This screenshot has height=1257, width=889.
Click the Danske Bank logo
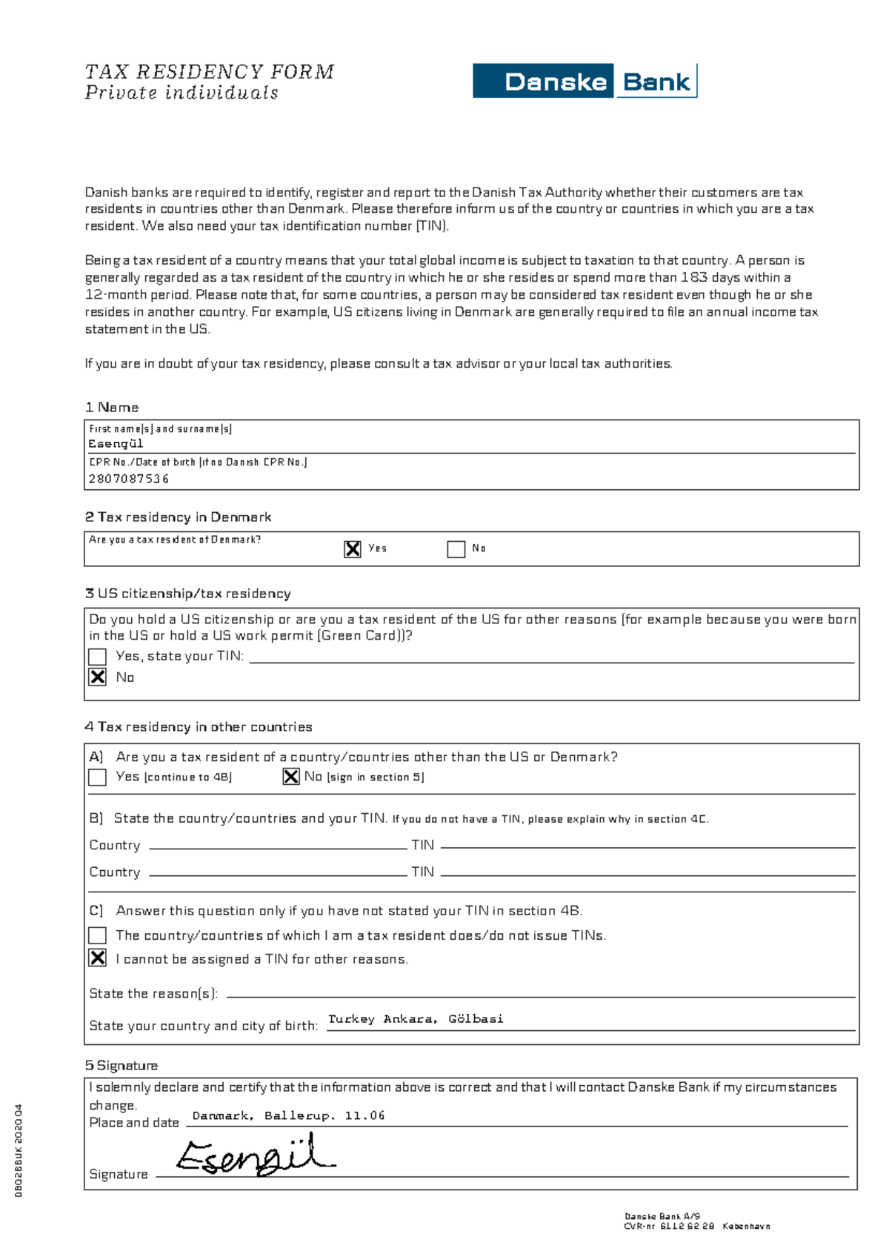585,81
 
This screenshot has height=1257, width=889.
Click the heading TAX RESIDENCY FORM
209,72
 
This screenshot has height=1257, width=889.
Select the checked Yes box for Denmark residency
353,548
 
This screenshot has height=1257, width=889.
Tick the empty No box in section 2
456,548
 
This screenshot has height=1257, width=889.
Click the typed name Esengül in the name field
116,443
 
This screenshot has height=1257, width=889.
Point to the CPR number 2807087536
129,479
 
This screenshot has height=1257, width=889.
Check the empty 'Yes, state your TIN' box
97,657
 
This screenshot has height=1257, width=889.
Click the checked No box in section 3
97,677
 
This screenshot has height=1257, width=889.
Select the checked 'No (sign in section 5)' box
291,776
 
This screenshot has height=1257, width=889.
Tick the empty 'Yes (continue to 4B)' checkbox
97,777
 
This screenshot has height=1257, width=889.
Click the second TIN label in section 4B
422,872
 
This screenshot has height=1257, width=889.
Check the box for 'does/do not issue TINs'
97,935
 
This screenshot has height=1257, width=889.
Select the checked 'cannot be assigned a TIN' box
97,958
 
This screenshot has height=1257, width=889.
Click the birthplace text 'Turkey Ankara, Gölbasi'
416,1019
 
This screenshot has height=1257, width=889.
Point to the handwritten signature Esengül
256,1155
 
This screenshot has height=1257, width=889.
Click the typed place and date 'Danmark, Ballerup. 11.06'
288,1115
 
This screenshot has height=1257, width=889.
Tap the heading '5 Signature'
121,1065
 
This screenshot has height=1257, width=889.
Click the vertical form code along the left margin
19,1150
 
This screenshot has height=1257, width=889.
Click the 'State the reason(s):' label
153,993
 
